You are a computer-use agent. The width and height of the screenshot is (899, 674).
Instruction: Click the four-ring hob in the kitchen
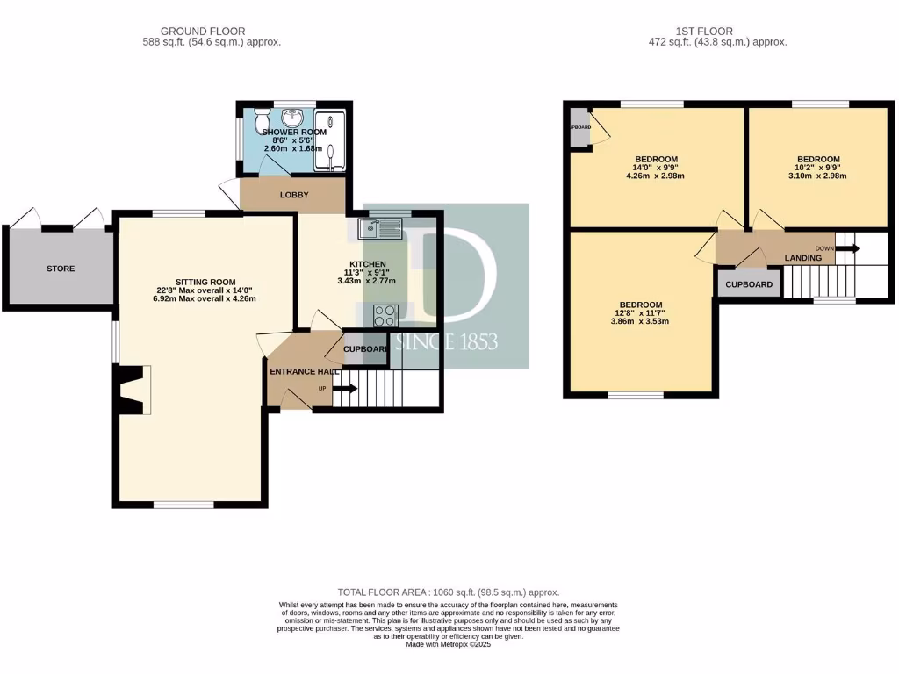(385, 315)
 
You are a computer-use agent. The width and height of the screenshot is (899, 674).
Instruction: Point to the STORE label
(61, 269)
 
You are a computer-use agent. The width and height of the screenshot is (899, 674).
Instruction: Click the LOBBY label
(293, 195)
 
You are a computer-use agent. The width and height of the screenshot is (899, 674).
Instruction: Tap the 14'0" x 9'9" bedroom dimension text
(655, 167)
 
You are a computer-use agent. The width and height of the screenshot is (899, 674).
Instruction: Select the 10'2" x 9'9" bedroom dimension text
(818, 167)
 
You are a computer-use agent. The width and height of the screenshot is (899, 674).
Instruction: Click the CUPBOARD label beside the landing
(749, 284)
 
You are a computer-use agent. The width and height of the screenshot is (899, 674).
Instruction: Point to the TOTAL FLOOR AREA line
(449, 592)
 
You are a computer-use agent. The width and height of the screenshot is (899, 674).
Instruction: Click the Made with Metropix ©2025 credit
(449, 644)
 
